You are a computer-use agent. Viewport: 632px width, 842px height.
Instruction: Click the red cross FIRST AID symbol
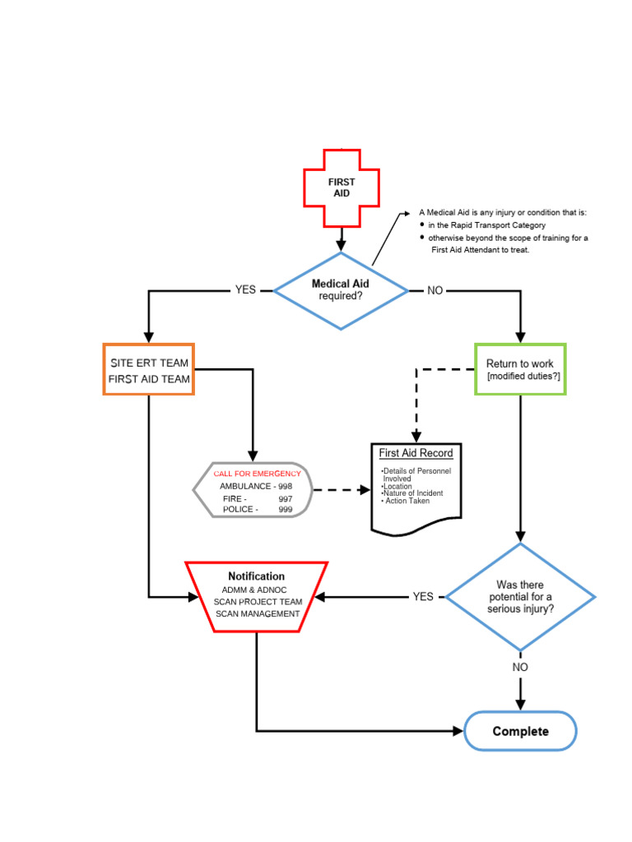click(342, 188)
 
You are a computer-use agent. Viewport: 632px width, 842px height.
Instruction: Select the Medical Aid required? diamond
click(341, 290)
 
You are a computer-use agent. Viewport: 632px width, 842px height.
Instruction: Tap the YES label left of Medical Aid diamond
click(245, 290)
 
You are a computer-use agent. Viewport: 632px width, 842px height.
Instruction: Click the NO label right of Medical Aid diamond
click(434, 290)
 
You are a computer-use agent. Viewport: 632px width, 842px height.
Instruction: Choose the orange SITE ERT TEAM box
click(149, 370)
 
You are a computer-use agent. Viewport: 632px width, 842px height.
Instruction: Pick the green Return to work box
click(520, 369)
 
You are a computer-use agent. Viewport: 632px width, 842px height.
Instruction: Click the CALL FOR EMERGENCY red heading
click(257, 474)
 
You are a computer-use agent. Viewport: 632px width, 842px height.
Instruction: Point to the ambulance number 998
click(285, 486)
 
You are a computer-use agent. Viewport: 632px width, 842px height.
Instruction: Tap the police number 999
click(285, 510)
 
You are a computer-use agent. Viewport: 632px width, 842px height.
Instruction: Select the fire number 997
click(285, 498)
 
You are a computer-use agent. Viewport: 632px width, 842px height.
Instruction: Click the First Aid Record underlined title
click(416, 453)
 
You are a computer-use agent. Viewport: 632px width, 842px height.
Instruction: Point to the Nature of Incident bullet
click(412, 493)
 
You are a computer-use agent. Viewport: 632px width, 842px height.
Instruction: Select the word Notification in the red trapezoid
click(257, 576)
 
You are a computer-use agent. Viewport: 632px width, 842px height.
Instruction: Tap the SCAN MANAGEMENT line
click(258, 613)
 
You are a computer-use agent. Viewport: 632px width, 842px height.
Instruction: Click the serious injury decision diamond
click(521, 597)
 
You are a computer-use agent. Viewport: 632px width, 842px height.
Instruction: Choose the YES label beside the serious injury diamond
click(423, 597)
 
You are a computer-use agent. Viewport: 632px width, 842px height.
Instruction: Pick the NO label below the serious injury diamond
click(520, 667)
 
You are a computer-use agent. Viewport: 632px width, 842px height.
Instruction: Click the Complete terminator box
click(520, 731)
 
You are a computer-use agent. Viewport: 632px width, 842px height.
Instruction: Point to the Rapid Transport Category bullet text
click(486, 225)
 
